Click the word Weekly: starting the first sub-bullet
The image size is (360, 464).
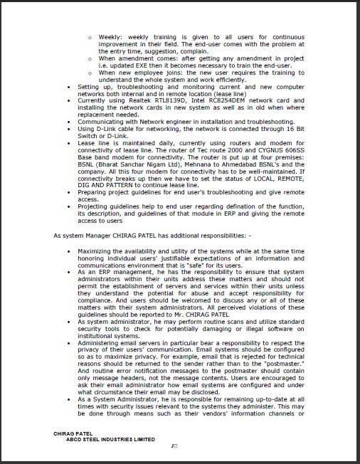110,35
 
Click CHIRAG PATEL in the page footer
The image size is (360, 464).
73,433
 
